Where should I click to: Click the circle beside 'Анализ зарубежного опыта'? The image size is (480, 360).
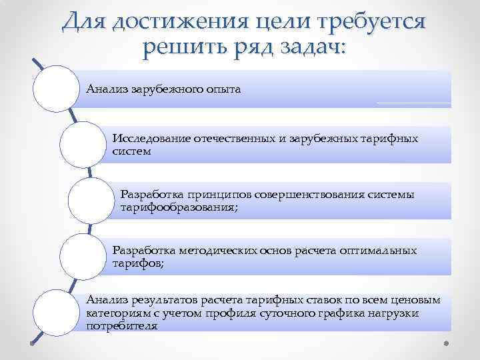pos(57,89)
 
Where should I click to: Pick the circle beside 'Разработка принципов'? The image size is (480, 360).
pos(91,201)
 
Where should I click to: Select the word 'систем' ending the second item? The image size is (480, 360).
pos(132,151)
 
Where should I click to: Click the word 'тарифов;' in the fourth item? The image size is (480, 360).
pos(138,263)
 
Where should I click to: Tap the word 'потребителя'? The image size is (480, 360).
pos(122,326)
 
